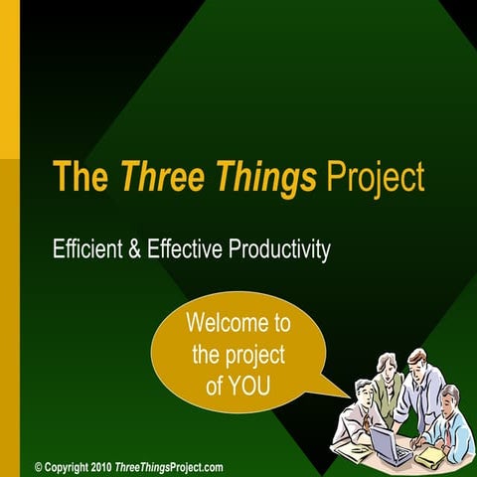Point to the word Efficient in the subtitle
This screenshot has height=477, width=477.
point(84,249)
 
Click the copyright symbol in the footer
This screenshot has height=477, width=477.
point(39,466)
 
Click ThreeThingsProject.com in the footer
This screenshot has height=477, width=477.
point(169,466)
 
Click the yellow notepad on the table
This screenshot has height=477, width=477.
point(430,454)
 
